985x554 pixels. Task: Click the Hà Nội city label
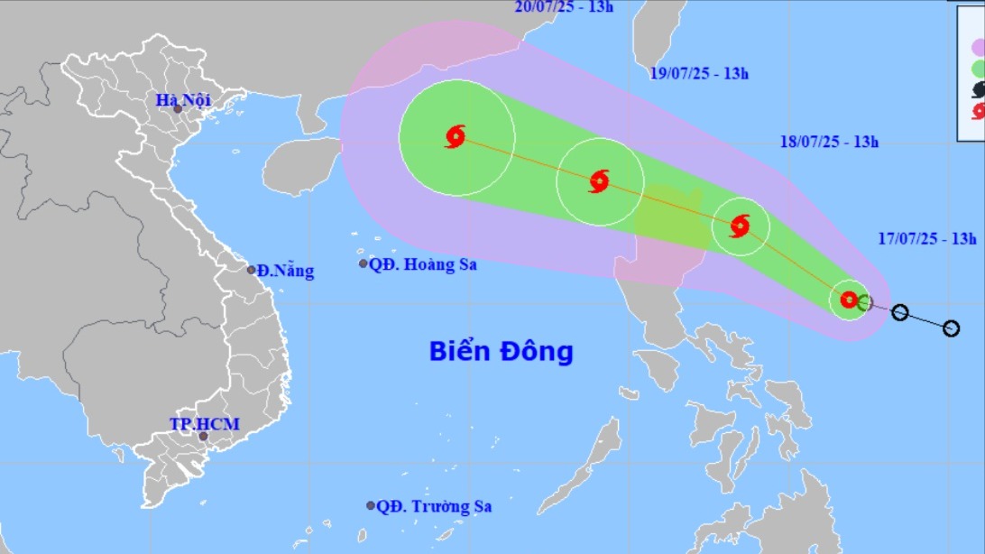[x=183, y=100]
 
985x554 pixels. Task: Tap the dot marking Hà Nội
[x=178, y=109]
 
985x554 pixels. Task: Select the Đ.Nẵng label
[x=285, y=270]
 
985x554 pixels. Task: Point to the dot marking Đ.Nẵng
[x=252, y=269]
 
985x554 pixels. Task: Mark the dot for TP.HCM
[x=203, y=437]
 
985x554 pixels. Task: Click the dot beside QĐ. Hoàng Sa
[x=364, y=263]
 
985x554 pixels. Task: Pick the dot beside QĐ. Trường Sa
[x=371, y=505]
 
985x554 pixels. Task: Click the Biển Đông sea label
[x=501, y=350]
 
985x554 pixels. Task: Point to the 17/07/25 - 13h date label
[x=927, y=239]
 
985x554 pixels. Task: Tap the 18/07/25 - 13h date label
[x=829, y=141]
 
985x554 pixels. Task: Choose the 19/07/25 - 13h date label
[x=699, y=73]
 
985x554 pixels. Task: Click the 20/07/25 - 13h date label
[x=564, y=7]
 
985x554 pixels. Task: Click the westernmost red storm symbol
[x=456, y=137]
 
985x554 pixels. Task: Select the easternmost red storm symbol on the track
[x=849, y=300]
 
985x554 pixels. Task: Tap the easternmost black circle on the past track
[x=951, y=328]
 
